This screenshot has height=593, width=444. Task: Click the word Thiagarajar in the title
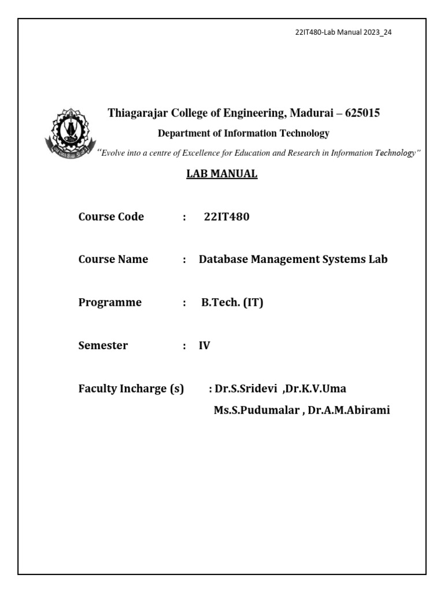pyautogui.click(x=137, y=114)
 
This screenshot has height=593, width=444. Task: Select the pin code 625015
pyautogui.click(x=362, y=114)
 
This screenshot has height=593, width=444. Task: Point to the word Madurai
pyautogui.click(x=311, y=114)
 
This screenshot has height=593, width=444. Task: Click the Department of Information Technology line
pyautogui.click(x=243, y=133)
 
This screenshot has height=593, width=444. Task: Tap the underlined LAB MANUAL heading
pyautogui.click(x=221, y=174)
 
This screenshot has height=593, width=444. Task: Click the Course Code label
pyautogui.click(x=111, y=217)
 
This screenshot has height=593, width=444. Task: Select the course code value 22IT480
pyautogui.click(x=227, y=217)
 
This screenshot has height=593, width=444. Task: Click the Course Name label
pyautogui.click(x=113, y=259)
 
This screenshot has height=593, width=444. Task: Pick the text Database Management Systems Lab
pyautogui.click(x=293, y=259)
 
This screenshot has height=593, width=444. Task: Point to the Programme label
pyautogui.click(x=110, y=302)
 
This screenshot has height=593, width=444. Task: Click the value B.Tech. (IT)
pyautogui.click(x=232, y=302)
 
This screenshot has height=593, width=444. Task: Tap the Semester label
pyautogui.click(x=103, y=346)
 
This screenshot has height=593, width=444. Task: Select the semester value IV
pyautogui.click(x=205, y=346)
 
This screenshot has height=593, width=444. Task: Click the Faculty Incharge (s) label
pyautogui.click(x=131, y=389)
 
